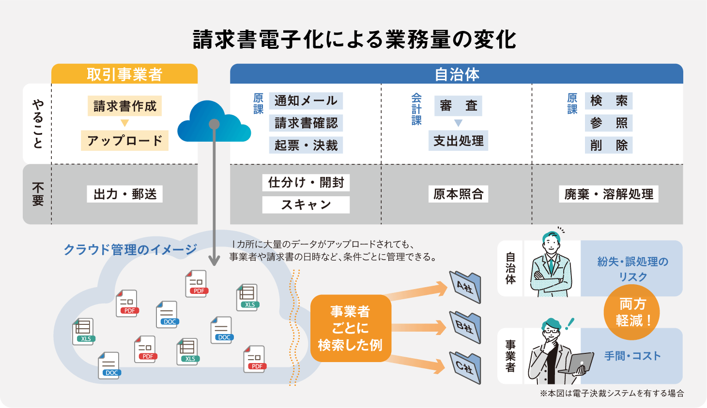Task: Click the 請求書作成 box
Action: (x=125, y=106)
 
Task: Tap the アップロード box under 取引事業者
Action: (x=124, y=141)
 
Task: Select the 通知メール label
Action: (x=306, y=101)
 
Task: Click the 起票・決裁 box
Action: (x=306, y=145)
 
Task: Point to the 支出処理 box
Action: (x=458, y=141)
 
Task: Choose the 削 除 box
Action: (x=609, y=145)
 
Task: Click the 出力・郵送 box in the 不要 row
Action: (x=125, y=194)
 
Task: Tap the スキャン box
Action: (x=306, y=204)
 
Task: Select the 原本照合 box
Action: (x=458, y=194)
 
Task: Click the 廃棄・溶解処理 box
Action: (x=609, y=194)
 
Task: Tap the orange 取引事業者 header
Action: (x=124, y=74)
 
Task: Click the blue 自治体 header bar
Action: (x=456, y=74)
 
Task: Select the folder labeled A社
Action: (x=465, y=287)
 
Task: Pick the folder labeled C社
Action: (x=465, y=368)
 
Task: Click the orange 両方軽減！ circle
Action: (x=631, y=312)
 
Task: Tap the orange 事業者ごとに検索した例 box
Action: (x=350, y=328)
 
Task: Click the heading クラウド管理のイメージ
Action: (x=130, y=249)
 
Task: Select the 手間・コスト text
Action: (x=632, y=356)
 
